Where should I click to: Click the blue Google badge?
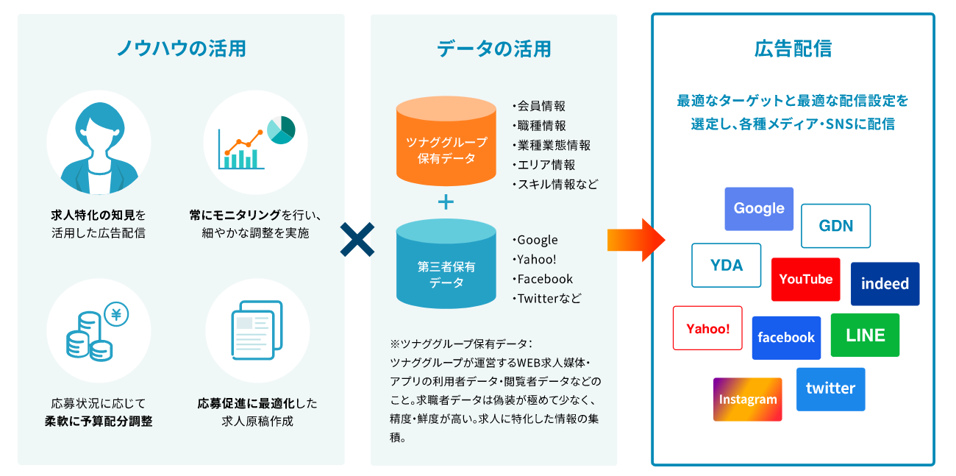tap(759, 209)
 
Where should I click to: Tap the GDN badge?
tap(835, 226)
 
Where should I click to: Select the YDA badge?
tap(727, 265)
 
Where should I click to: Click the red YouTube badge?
tap(806, 279)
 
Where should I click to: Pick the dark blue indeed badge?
tap(885, 284)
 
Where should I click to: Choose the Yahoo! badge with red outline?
tap(707, 328)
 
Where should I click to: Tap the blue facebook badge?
tap(786, 338)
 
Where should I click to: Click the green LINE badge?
tap(865, 335)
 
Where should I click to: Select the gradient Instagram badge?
tap(748, 399)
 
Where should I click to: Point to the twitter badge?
tap(830, 389)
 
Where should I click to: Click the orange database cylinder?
tap(446, 141)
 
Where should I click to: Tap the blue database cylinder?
tap(446, 264)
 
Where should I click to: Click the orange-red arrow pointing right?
tap(636, 240)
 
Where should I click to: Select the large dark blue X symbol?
tap(357, 240)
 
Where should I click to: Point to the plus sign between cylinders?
tap(446, 202)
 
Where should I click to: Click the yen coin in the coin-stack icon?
tap(116, 314)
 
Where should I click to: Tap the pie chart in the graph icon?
tap(281, 129)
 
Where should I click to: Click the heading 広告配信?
tap(793, 49)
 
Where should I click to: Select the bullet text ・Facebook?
tap(543, 279)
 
